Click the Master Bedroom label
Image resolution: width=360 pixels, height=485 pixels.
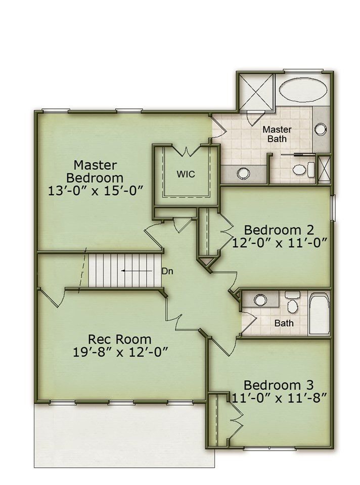coord(95,171)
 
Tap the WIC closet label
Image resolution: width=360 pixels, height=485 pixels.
coord(186,174)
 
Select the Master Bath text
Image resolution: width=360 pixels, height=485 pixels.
coord(277,134)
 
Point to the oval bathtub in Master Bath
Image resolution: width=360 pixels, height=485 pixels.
coord(303,90)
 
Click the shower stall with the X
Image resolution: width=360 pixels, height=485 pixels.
coord(256,91)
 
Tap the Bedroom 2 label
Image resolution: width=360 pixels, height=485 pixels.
coord(279,230)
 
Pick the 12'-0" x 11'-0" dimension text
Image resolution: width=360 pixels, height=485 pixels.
coord(280,243)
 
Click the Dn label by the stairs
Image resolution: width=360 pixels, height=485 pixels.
coord(167,271)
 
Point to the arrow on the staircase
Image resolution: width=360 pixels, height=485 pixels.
coord(137,271)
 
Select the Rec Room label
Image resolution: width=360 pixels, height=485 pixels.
coord(120,339)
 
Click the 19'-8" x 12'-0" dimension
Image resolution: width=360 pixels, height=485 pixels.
coord(121,352)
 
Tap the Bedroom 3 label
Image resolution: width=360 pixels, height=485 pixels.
coord(279,385)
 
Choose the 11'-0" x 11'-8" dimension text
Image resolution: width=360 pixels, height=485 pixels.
coord(280,398)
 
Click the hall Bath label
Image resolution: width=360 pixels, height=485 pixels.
coord(284,323)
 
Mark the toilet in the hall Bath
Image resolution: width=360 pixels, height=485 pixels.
coord(292,302)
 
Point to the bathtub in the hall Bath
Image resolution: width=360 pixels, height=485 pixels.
coord(319,314)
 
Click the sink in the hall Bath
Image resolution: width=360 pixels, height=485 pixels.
coord(260,299)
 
